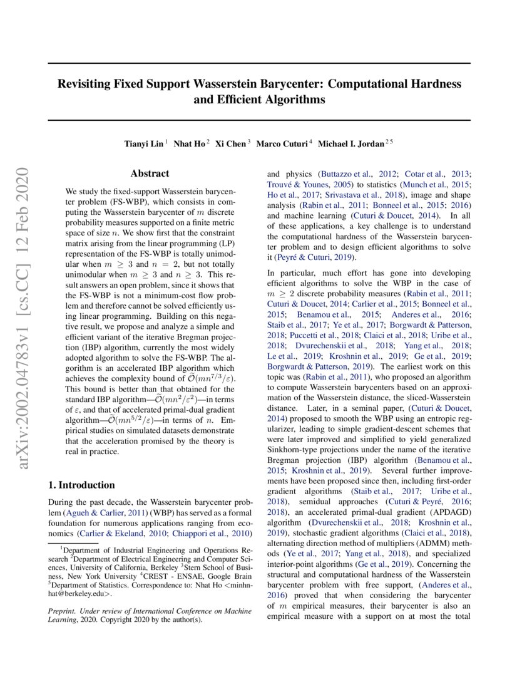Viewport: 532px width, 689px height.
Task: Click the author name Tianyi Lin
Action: click(145, 144)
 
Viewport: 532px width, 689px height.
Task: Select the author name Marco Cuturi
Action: click(284, 144)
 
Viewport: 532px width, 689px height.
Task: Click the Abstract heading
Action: click(150, 174)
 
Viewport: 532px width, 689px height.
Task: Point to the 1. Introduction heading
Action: click(81, 485)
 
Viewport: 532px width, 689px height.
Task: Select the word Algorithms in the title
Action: click(297, 99)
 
